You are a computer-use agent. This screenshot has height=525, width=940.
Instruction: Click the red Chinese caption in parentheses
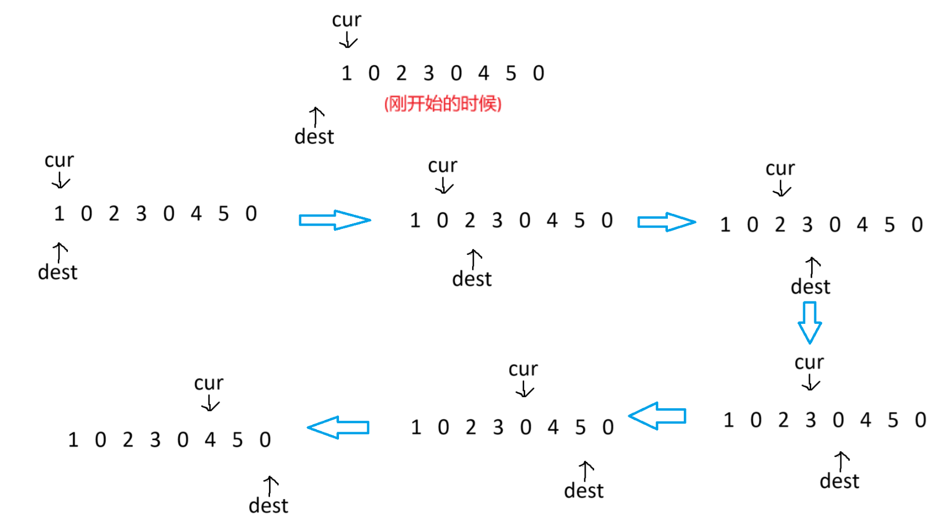click(442, 104)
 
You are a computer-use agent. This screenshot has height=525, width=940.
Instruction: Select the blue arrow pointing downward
click(810, 322)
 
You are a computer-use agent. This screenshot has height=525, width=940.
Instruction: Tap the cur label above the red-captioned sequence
click(346, 20)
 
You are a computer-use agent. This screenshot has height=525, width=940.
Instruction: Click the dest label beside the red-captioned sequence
click(314, 137)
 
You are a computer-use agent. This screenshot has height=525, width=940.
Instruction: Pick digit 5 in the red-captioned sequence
click(511, 73)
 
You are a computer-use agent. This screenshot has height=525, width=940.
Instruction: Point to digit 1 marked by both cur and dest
click(59, 214)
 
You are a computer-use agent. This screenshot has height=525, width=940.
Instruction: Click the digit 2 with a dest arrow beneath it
click(470, 220)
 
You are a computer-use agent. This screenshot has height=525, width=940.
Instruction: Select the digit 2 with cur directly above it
click(780, 225)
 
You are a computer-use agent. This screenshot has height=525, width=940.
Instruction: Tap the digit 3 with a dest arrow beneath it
click(807, 225)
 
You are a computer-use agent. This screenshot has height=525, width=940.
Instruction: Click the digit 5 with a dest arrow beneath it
click(580, 427)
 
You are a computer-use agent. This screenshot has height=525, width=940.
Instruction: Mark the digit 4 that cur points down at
click(210, 440)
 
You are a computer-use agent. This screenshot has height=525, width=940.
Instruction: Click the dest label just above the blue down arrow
click(810, 287)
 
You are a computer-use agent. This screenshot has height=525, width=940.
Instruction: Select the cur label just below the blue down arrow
click(809, 363)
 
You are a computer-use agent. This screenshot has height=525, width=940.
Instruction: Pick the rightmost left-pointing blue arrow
click(658, 416)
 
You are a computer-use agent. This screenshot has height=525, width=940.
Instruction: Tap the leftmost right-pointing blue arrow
click(334, 220)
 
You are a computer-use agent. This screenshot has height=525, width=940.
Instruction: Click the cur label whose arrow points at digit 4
click(208, 383)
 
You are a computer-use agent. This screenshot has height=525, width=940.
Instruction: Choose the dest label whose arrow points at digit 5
click(584, 491)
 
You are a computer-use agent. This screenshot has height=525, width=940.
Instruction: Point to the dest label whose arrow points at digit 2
click(472, 279)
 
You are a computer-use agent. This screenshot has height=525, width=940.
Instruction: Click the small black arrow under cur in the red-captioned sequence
click(348, 40)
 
